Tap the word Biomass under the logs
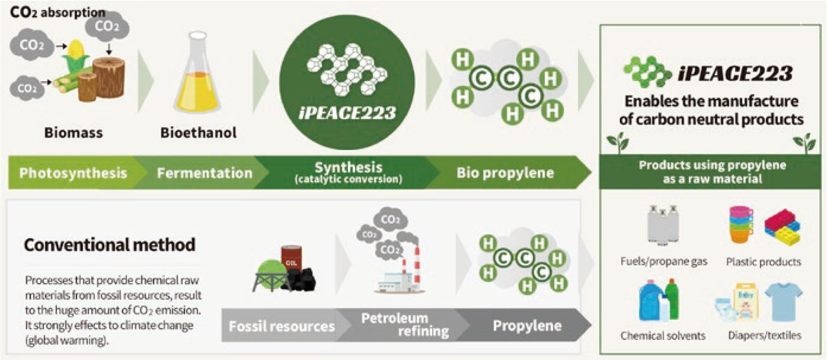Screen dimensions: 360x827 [x=74, y=133]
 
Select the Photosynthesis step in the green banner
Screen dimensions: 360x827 [x=73, y=173]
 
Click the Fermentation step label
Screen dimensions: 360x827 [x=204, y=173]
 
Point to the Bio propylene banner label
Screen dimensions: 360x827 [x=505, y=173]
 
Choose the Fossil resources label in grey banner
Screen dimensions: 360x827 [x=281, y=326]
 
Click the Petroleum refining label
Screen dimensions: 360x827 [x=403, y=325]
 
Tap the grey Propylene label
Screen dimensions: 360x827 [x=527, y=326]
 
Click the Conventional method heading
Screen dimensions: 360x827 [x=109, y=245]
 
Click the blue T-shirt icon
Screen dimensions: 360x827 [x=783, y=301]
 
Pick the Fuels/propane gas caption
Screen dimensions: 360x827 [x=664, y=262]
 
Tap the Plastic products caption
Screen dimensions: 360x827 [x=763, y=262]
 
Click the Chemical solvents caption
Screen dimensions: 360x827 [x=663, y=336]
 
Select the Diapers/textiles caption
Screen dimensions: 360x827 [x=764, y=336]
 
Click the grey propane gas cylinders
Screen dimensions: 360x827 [x=663, y=225]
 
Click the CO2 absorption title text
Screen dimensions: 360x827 [x=57, y=12]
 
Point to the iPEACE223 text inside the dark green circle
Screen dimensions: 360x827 [x=347, y=112]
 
